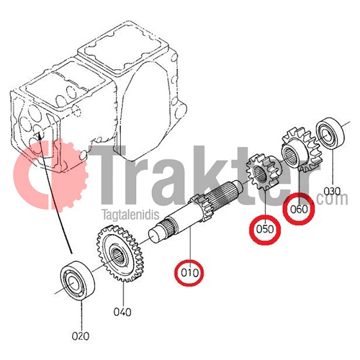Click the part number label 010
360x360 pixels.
[190, 273]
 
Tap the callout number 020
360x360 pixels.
[80, 336]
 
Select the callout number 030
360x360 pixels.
[332, 191]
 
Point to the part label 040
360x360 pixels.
[122, 312]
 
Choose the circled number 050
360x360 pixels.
[265, 230]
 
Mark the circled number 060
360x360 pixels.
[299, 209]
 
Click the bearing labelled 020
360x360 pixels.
[78, 278]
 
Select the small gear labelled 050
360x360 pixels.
[264, 172]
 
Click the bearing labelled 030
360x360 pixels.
[330, 133]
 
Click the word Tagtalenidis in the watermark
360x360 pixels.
[130, 215]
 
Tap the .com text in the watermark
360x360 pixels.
[332, 199]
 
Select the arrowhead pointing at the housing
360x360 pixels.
[39, 136]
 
